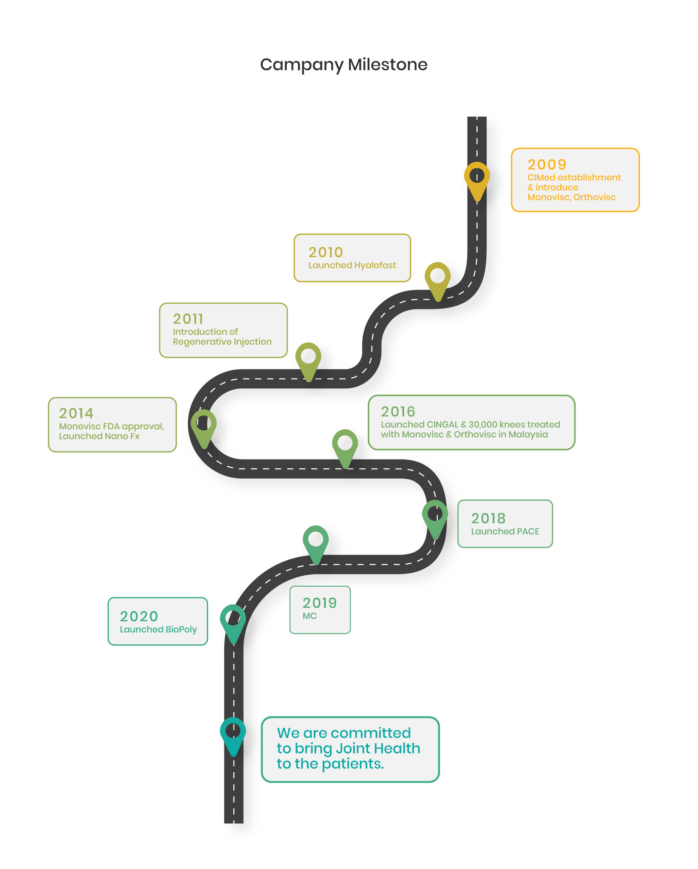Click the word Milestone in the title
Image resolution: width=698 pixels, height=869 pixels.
pyautogui.click(x=387, y=65)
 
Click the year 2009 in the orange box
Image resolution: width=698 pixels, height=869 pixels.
pyautogui.click(x=547, y=164)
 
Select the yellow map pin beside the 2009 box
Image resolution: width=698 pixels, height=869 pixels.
pyautogui.click(x=477, y=179)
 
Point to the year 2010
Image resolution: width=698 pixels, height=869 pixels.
pyautogui.click(x=325, y=252)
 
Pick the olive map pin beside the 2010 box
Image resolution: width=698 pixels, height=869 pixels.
pyautogui.click(x=437, y=278)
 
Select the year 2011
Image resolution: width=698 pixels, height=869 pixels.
pyautogui.click(x=188, y=319)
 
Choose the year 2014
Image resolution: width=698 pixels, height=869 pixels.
pyautogui.click(x=76, y=413)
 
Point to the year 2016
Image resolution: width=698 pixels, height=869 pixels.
pyautogui.click(x=398, y=411)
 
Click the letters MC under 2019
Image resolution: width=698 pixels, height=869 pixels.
pyautogui.click(x=310, y=616)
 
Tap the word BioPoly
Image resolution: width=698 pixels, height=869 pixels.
pyautogui.click(x=181, y=629)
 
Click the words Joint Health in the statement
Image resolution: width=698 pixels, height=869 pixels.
pyautogui.click(x=378, y=749)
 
